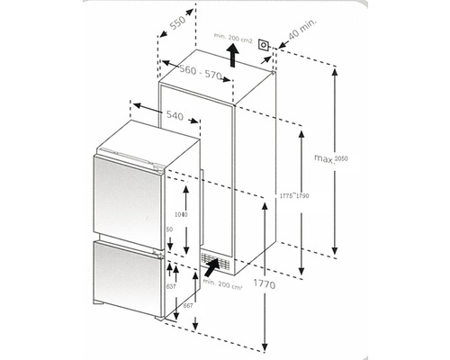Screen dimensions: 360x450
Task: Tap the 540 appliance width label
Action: pyautogui.click(x=175, y=114)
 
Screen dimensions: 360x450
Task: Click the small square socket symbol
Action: pyautogui.click(x=264, y=45)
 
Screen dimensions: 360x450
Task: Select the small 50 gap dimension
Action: pyautogui.click(x=168, y=229)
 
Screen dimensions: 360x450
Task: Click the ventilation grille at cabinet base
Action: pyautogui.click(x=213, y=264)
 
